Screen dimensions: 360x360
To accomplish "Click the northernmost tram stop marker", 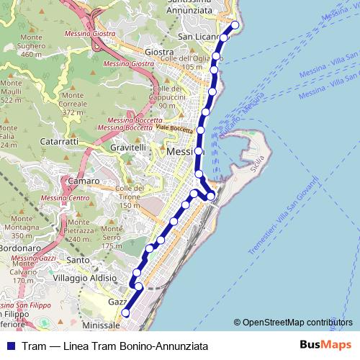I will coord(234,24).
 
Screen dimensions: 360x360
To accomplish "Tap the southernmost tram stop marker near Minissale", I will coord(125,312).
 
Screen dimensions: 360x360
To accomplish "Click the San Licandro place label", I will coord(197,37).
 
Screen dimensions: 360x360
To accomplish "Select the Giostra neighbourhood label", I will coord(159,52).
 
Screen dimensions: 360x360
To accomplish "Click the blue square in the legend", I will coord(10,346).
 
